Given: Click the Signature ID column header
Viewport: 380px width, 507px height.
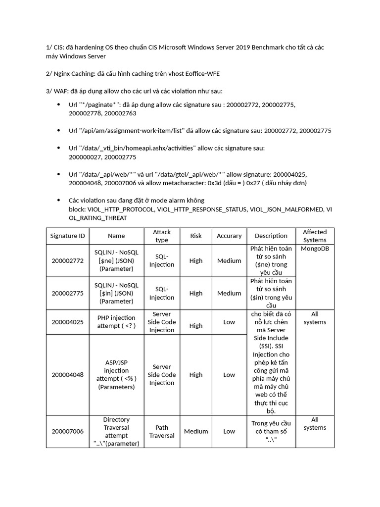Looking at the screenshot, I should click(67, 236).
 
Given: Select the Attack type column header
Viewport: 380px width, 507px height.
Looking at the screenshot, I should click(162, 236).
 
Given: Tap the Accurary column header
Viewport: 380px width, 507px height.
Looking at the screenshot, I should click(229, 236).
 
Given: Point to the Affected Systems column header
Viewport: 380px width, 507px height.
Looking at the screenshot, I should click(315, 236).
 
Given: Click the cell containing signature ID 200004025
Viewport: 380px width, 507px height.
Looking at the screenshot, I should click(67, 322).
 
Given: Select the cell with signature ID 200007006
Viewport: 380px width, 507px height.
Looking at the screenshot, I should click(67, 431).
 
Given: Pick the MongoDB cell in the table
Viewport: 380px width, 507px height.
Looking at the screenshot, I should click(315, 249).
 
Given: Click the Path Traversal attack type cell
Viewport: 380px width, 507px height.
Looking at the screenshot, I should click(162, 431).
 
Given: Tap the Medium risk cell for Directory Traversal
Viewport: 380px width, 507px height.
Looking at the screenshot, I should click(196, 431).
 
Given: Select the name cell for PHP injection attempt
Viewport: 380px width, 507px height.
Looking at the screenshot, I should click(116, 322).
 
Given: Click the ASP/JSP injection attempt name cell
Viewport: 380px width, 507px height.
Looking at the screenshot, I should click(116, 374).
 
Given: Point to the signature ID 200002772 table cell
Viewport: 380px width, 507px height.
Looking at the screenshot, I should click(67, 260).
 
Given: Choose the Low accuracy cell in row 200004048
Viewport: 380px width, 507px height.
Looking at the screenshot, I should click(229, 375).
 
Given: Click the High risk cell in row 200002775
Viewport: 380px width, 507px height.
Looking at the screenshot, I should click(196, 293).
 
